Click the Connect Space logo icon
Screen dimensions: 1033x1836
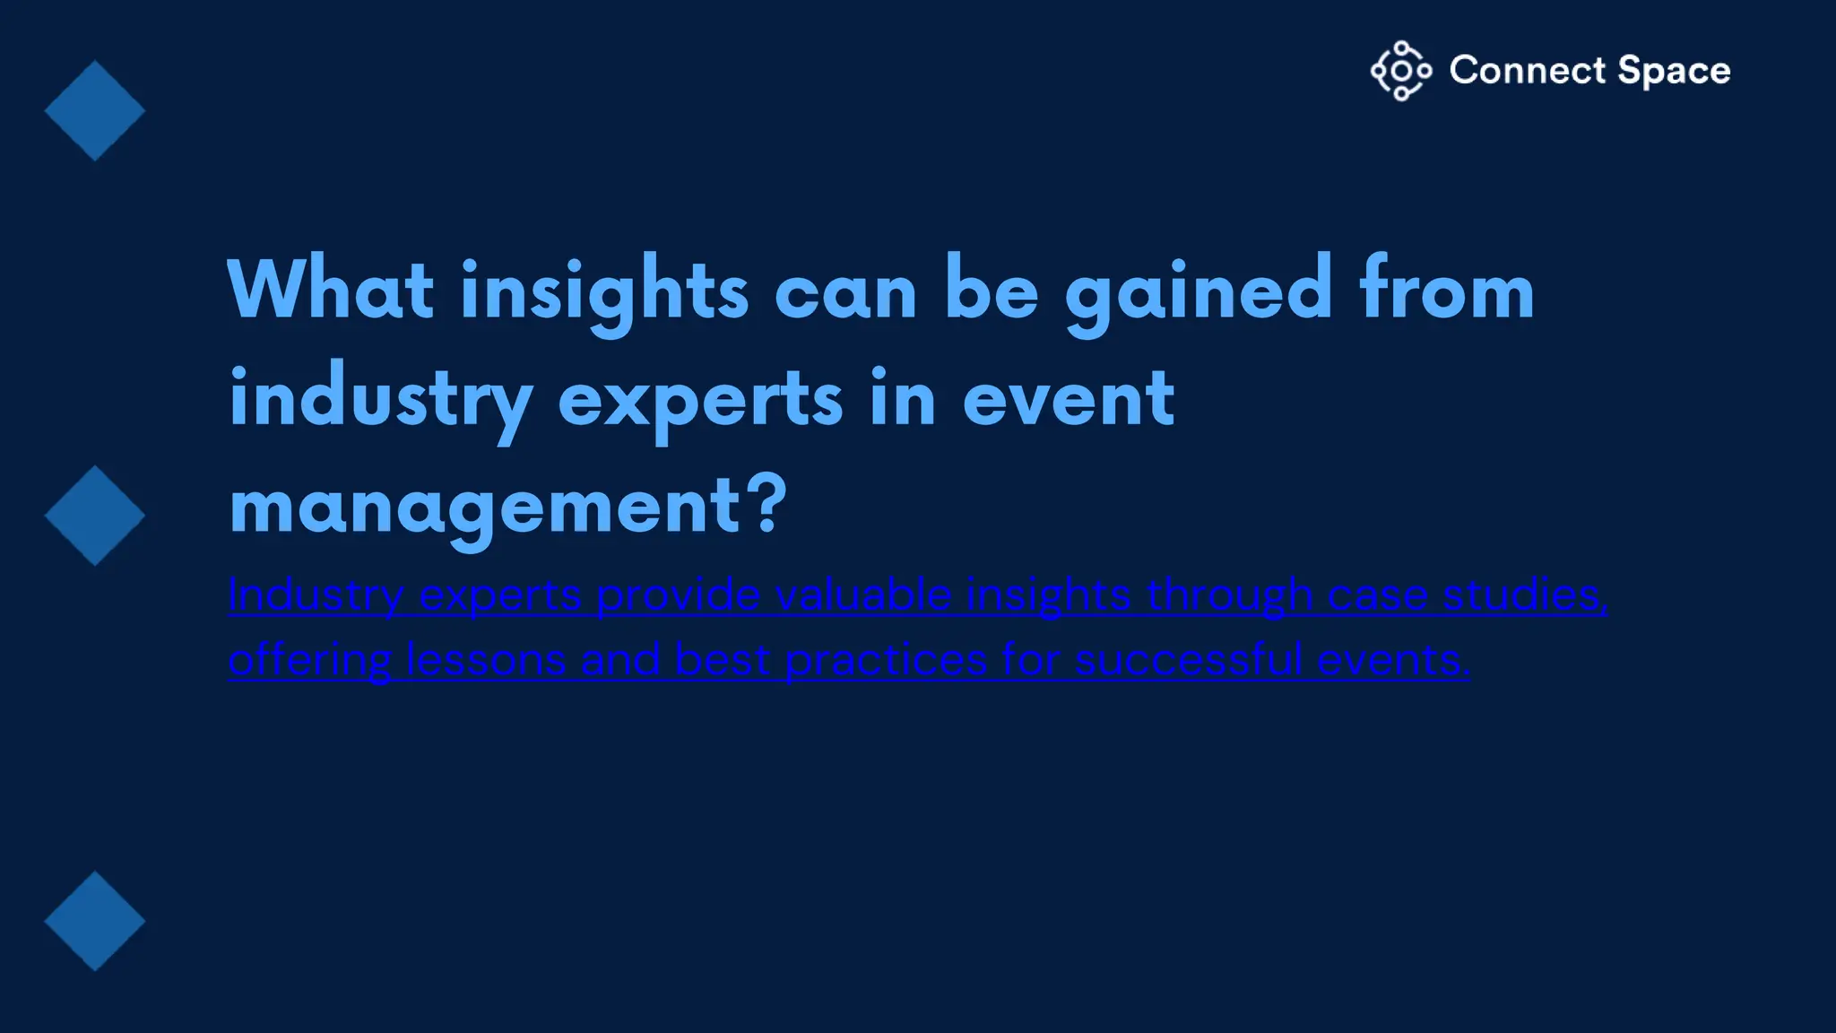pyautogui.click(x=1400, y=71)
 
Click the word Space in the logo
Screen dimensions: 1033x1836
pyautogui.click(x=1674, y=71)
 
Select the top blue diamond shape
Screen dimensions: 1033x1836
pyautogui.click(x=94, y=111)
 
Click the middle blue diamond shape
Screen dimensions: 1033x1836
pyautogui.click(x=94, y=516)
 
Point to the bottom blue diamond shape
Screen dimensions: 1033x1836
pyautogui.click(x=94, y=921)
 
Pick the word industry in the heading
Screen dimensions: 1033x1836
pyautogui.click(x=381, y=399)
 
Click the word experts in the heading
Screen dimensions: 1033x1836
pyautogui.click(x=700, y=399)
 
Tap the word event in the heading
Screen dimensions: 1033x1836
pyautogui.click(x=1068, y=399)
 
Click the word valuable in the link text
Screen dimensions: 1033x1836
pyautogui.click(x=862, y=595)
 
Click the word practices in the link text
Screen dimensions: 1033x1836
pyautogui.click(x=886, y=660)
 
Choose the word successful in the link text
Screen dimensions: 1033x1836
pyautogui.click(x=1188, y=660)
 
